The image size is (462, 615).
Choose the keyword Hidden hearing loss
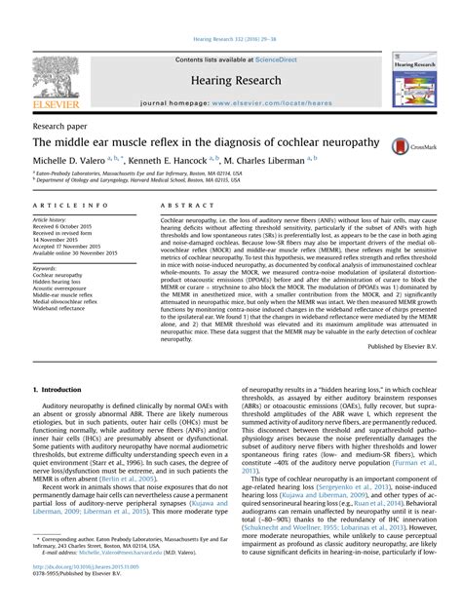[x=60, y=282]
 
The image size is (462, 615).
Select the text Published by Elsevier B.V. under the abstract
[x=403, y=346]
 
